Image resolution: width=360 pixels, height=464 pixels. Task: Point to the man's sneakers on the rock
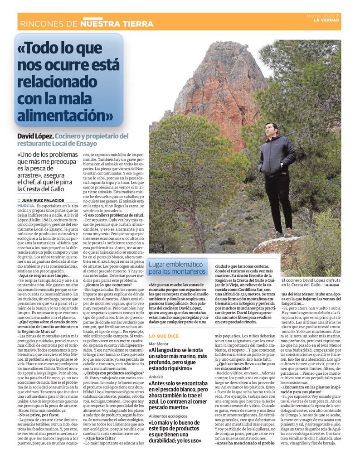click(x=283, y=233)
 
